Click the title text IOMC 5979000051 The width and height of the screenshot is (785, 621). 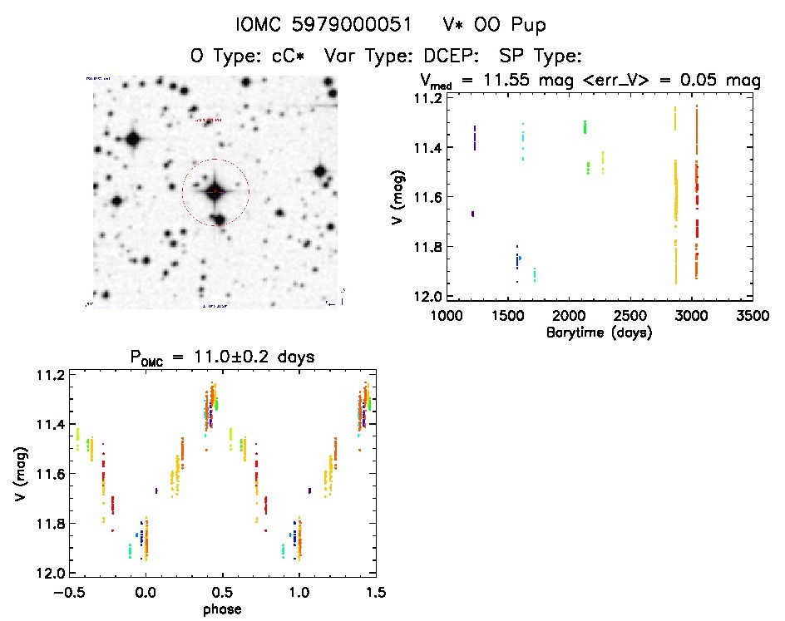point(323,26)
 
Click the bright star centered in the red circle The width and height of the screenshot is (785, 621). point(215,192)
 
